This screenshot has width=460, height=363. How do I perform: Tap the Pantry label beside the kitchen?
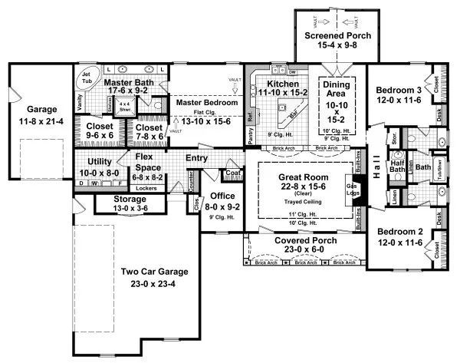pos(251,134)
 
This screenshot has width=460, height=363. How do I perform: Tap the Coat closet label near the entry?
pos(235,173)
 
